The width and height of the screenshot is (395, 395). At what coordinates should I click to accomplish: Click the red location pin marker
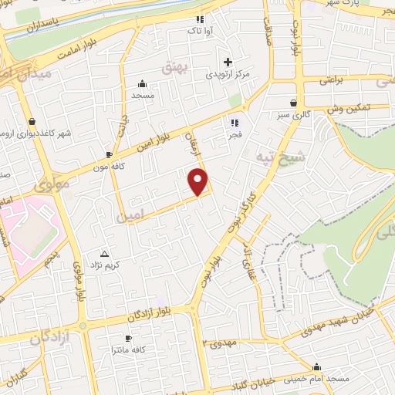[x=199, y=181]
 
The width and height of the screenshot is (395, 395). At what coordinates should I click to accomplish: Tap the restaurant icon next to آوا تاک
[x=200, y=19]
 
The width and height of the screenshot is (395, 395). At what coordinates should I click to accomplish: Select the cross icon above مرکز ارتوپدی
[x=227, y=62]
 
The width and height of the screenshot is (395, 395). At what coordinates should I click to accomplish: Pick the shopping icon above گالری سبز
[x=294, y=103]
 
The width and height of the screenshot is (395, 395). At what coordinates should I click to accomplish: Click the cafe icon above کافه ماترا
[x=129, y=338]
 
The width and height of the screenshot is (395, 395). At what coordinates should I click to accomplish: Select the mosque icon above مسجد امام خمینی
[x=316, y=366]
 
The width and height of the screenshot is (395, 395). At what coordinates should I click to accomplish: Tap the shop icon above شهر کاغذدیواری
[x=32, y=121]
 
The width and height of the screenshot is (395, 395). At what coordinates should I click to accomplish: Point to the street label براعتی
[x=330, y=79]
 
